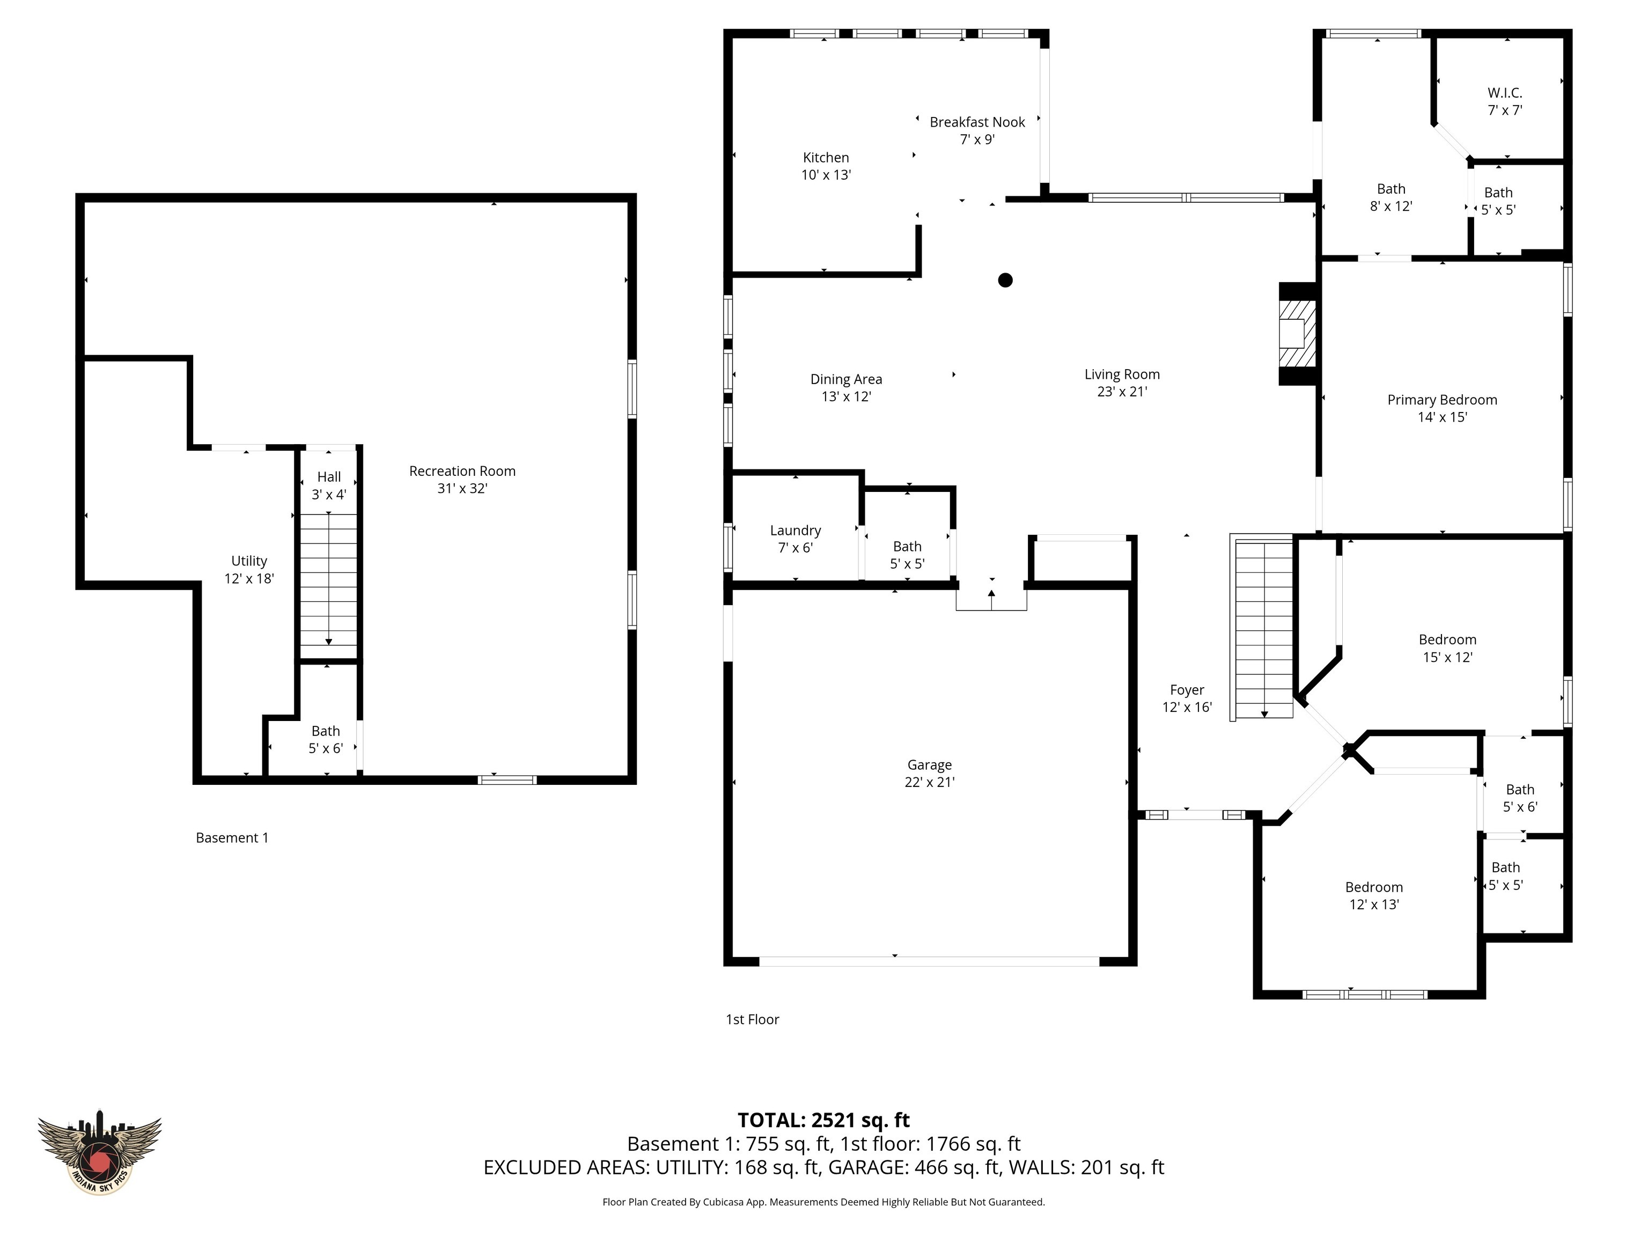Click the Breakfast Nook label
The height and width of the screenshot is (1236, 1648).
[x=977, y=122]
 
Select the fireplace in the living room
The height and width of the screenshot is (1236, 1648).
[x=1296, y=333]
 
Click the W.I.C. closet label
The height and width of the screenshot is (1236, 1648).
[x=1504, y=93]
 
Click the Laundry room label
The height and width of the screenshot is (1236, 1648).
[x=795, y=531]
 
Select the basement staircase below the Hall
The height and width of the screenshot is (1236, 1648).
[x=328, y=579]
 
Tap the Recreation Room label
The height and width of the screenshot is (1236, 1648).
[x=462, y=471]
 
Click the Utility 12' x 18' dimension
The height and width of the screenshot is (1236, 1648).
[x=249, y=578]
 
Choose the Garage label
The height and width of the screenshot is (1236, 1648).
[x=929, y=764]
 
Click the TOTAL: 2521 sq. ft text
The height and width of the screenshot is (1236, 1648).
[x=823, y=1120]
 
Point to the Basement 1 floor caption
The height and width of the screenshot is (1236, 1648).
[x=232, y=837]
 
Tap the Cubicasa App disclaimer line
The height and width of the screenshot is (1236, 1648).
[x=823, y=1202]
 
